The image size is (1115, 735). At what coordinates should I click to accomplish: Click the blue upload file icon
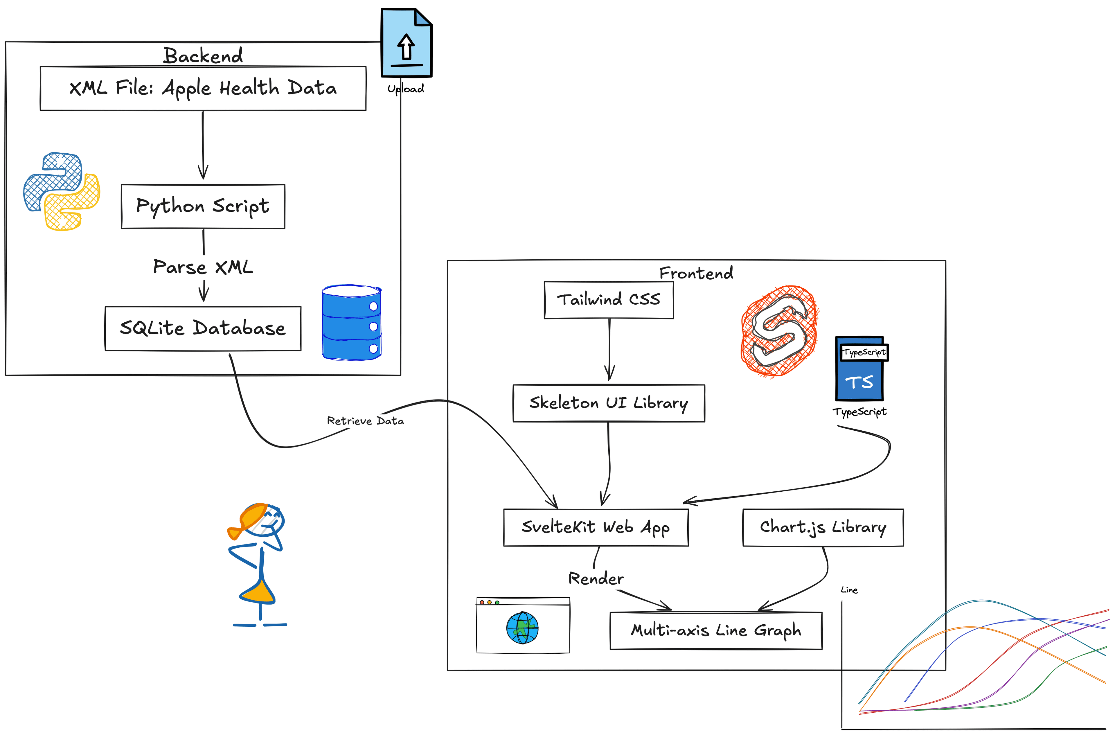click(406, 43)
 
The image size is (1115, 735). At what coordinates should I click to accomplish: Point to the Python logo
click(61, 191)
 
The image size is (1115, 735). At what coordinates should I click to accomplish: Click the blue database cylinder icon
click(352, 323)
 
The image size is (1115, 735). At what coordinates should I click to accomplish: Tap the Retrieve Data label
click(365, 420)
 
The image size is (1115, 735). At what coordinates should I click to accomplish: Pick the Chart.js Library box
click(823, 527)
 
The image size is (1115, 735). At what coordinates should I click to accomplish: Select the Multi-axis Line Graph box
click(716, 630)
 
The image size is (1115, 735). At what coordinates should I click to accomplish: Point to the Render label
click(596, 578)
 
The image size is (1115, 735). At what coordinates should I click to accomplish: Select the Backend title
click(203, 56)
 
